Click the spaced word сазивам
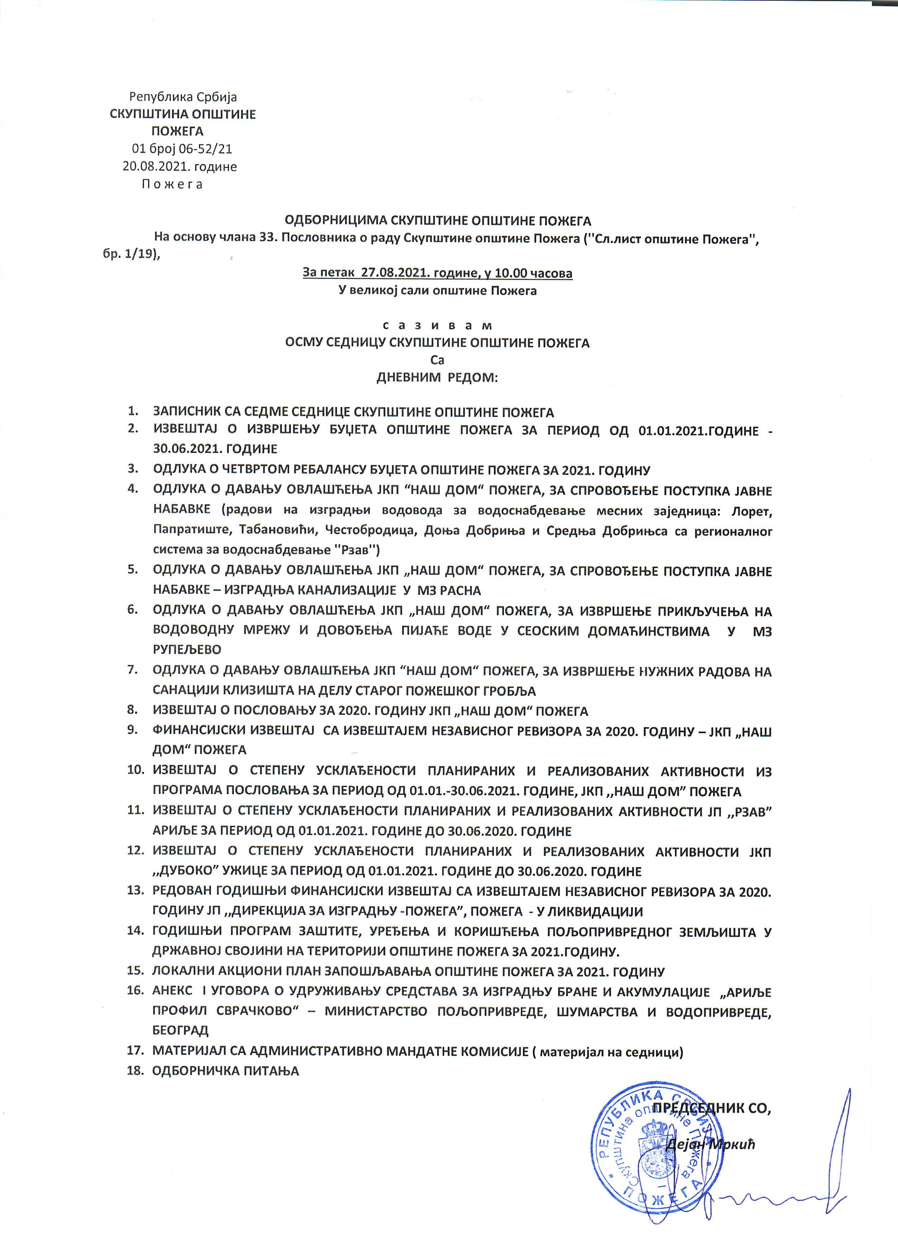437,326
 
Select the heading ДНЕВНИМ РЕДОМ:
437,378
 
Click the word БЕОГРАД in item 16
180,1030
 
